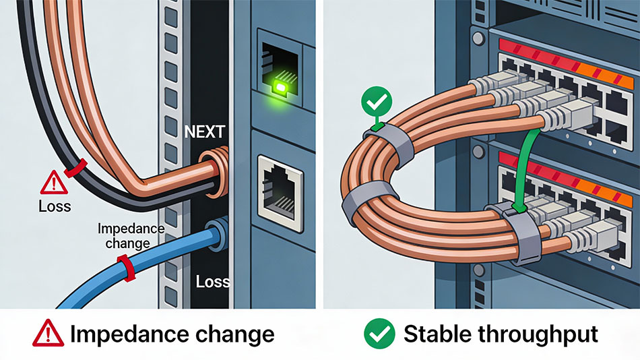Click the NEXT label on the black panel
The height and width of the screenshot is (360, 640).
(205, 131)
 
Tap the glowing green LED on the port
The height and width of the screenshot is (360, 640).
(280, 86)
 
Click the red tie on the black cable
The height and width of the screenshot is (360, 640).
(75, 168)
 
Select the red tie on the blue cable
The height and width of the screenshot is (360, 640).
(126, 268)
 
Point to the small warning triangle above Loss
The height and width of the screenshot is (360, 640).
(54, 183)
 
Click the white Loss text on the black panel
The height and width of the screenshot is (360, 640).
(212, 282)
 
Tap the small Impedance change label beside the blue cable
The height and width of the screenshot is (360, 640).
(131, 236)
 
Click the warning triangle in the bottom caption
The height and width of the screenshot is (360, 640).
(48, 333)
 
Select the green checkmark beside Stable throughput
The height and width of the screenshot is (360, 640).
(379, 334)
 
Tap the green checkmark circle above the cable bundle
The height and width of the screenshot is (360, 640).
(377, 102)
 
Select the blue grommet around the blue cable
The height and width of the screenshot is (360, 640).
(217, 236)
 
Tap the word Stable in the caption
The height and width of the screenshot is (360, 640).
(437, 334)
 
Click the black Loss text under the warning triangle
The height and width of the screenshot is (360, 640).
(55, 206)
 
